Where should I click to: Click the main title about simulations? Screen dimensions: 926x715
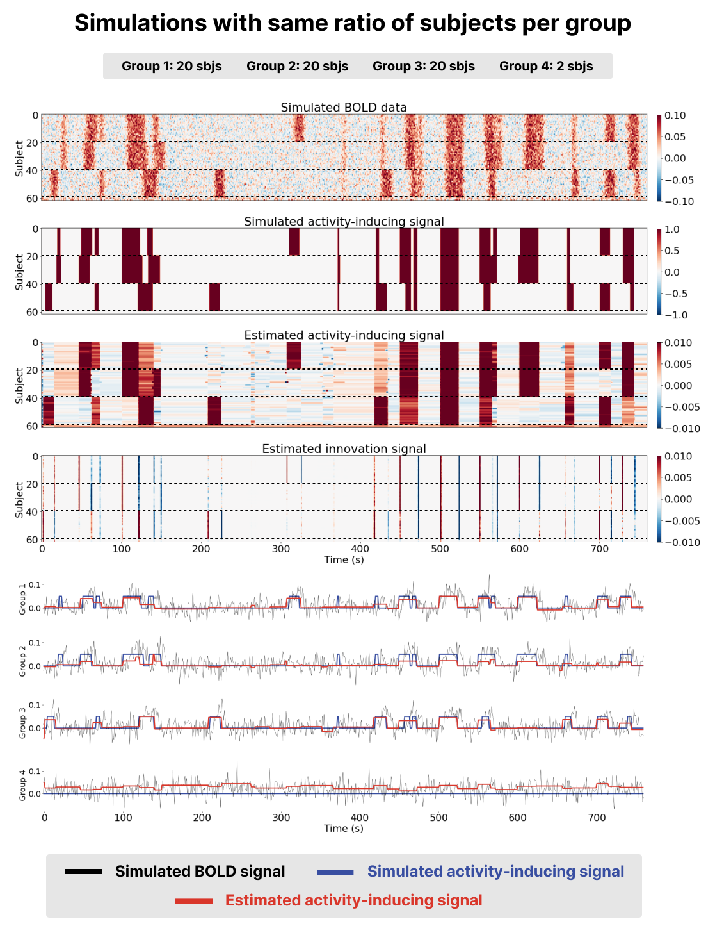353,23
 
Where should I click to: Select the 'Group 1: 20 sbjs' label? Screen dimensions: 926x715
172,66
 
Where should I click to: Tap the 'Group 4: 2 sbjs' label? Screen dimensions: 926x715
546,66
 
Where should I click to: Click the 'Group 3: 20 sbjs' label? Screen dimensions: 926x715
423,66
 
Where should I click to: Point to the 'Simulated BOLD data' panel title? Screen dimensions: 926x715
344,108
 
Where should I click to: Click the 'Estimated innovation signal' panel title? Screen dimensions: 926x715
344,449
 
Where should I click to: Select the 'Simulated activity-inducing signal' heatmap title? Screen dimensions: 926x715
344,222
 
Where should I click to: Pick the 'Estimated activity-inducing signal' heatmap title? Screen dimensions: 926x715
344,335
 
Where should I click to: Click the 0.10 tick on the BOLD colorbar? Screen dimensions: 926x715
675,116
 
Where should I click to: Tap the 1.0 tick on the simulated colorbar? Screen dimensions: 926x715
672,229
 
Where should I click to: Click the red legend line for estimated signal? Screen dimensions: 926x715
193,901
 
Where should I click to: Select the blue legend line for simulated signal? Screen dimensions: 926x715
335,872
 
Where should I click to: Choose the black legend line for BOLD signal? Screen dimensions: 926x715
84,872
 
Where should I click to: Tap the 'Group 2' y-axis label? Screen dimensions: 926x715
23,661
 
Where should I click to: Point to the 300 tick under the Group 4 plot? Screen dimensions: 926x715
281,818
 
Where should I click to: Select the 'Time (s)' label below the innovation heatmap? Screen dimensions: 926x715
344,559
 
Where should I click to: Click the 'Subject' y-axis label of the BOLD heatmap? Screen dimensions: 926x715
20,158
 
